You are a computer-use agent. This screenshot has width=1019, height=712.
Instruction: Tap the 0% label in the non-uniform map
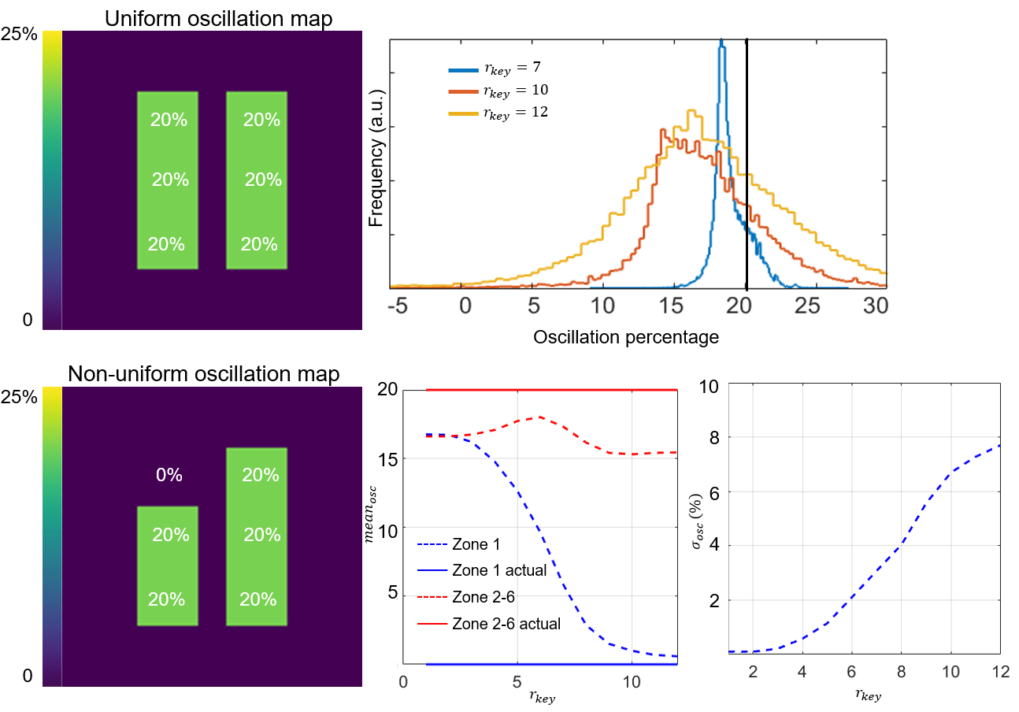tap(169, 475)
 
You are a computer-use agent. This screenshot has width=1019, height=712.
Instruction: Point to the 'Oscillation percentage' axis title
tap(626, 337)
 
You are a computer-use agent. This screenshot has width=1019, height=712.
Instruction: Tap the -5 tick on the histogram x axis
tap(397, 306)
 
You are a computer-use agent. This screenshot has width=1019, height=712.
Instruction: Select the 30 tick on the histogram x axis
tap(875, 306)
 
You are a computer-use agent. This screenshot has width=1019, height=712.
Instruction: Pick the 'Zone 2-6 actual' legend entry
tap(506, 624)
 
